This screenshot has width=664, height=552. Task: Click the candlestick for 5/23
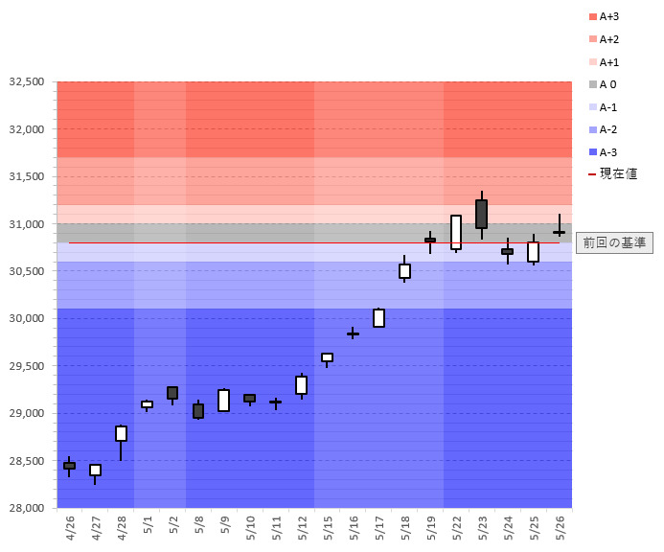tap(481, 214)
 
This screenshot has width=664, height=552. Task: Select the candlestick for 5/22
tap(456, 232)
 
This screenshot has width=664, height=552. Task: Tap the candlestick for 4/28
tap(121, 433)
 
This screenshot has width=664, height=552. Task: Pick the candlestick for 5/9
tap(223, 400)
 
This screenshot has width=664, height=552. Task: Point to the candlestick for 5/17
tap(378, 317)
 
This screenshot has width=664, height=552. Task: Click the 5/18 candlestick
tap(404, 271)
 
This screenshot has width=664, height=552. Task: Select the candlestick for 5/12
tap(301, 384)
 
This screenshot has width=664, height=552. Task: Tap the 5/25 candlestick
tap(533, 251)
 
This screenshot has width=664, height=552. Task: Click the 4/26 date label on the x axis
tap(70, 528)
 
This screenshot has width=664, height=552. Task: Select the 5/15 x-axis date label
tap(328, 528)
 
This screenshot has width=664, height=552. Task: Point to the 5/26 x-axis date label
tap(560, 528)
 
